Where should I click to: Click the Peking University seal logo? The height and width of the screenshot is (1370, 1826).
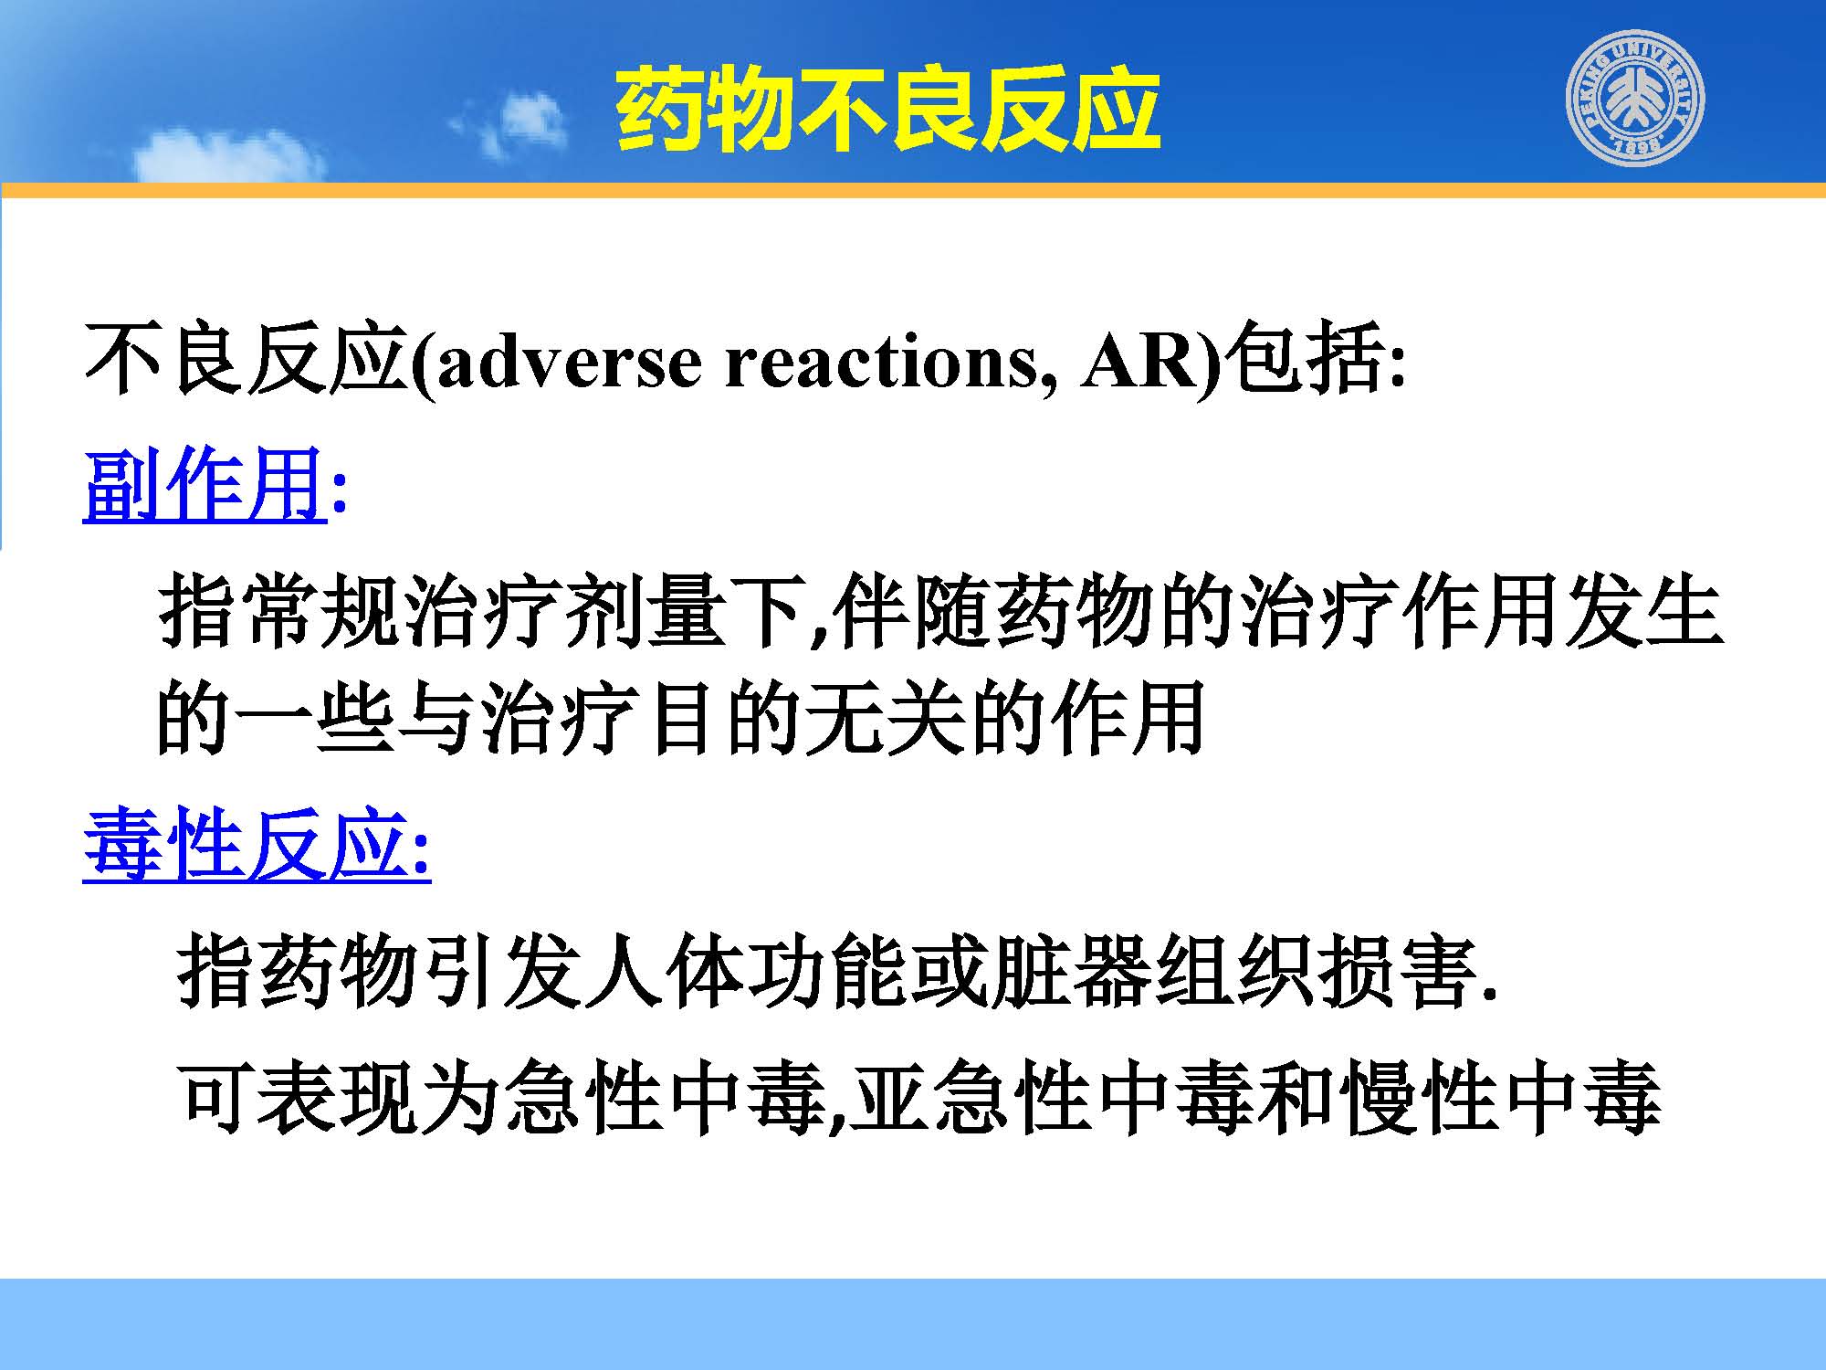1636,98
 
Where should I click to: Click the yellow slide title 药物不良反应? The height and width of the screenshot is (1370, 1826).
887,110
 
